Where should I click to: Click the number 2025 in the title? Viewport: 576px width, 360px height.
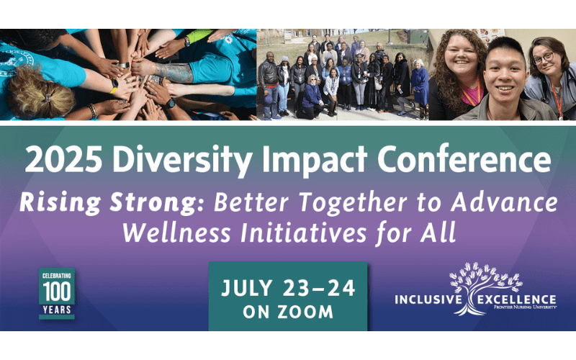(63, 158)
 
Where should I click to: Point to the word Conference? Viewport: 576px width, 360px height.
(464, 158)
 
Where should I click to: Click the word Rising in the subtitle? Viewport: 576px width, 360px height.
(60, 203)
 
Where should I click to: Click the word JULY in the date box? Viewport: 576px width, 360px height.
(247, 288)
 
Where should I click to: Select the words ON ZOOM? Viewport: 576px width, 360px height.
(288, 312)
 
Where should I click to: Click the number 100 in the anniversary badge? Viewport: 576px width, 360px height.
(57, 292)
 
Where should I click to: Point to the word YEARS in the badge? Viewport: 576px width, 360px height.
(57, 310)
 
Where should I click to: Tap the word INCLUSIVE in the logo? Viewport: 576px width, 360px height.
(428, 300)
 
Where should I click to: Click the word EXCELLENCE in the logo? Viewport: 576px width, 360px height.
(516, 299)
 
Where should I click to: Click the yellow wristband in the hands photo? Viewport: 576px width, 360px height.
(114, 86)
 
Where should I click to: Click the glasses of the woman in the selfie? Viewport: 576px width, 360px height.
(544, 58)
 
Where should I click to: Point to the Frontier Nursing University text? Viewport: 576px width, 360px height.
(526, 307)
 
